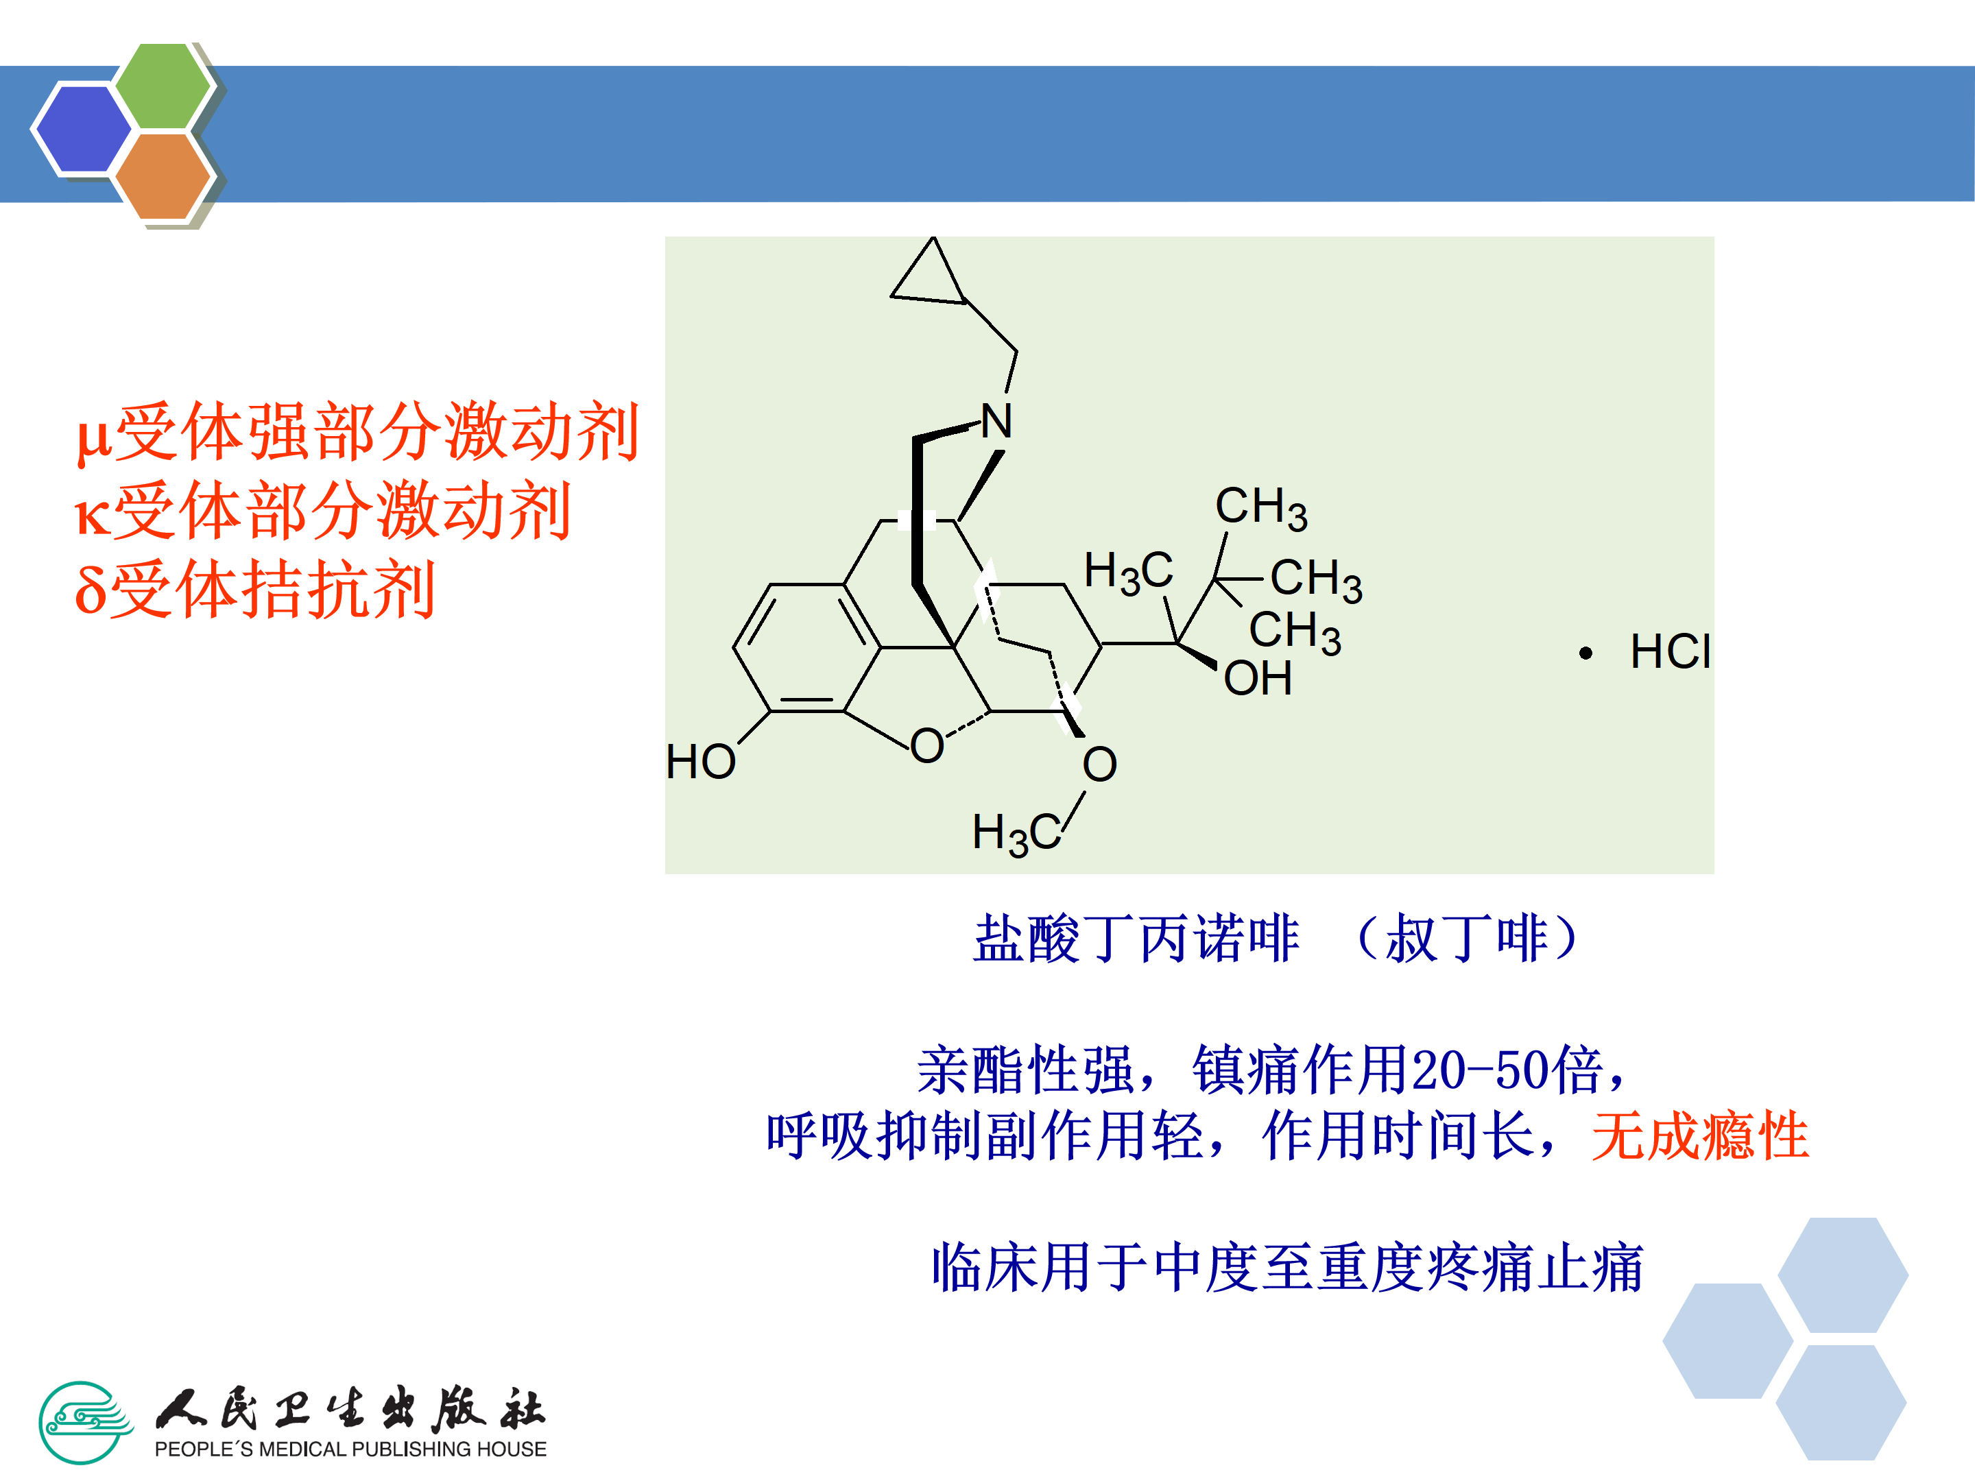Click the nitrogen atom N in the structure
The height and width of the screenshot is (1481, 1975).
(x=996, y=422)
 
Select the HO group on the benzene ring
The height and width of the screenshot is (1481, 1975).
(x=701, y=762)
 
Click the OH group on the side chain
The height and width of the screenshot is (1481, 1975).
(x=1257, y=679)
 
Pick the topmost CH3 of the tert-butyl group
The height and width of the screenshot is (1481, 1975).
(x=1260, y=507)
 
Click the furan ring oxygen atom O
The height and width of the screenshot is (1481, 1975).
(x=926, y=745)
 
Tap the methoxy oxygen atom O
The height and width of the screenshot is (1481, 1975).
(x=1099, y=764)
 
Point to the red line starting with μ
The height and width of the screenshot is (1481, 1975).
(x=357, y=432)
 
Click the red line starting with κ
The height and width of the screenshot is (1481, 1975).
(x=323, y=511)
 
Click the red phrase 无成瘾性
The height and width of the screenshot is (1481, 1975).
(x=1700, y=1136)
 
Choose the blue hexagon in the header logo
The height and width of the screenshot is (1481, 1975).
(x=82, y=128)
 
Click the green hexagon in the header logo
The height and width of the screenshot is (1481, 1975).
(x=163, y=86)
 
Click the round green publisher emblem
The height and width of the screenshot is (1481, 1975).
(x=85, y=1422)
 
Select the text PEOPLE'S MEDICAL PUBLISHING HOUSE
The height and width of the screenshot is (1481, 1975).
(x=350, y=1449)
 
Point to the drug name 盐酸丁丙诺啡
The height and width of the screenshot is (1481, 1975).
(x=1136, y=939)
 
